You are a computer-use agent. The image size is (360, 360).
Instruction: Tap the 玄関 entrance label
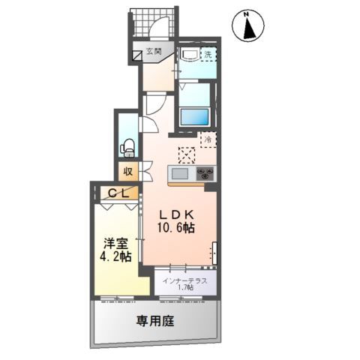click(154, 52)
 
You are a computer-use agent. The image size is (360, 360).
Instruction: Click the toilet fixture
click(129, 145)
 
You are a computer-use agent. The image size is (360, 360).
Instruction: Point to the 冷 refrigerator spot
click(207, 139)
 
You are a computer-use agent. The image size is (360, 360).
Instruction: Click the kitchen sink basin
click(179, 174)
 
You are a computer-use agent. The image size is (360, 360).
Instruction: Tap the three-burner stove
click(205, 174)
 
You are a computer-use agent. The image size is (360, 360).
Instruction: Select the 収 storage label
click(128, 171)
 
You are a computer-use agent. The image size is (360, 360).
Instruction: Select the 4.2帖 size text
click(116, 257)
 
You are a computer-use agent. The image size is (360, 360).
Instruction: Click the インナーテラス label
click(187, 279)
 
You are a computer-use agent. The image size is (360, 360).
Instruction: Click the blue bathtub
click(195, 117)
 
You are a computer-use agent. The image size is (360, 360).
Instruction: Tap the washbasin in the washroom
click(187, 54)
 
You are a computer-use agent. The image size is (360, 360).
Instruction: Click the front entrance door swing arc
click(157, 30)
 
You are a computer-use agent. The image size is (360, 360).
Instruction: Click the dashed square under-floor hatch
click(186, 154)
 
